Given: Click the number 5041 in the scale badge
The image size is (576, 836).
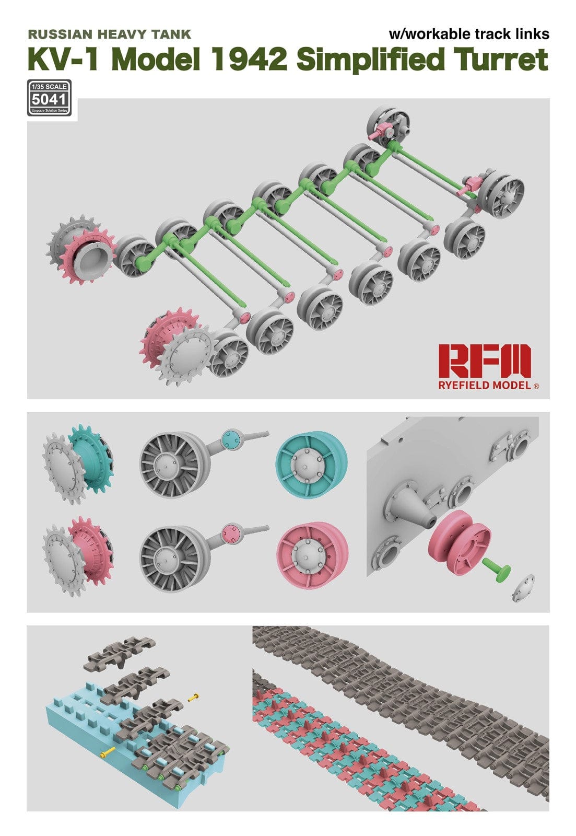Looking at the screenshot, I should click(48, 99).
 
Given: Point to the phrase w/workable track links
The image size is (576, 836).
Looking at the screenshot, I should click(468, 34).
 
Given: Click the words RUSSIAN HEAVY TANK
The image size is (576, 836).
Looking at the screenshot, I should click(109, 34).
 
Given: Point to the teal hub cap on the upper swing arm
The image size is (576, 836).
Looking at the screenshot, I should click(230, 438).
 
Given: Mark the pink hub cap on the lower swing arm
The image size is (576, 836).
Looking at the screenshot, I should click(230, 533).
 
